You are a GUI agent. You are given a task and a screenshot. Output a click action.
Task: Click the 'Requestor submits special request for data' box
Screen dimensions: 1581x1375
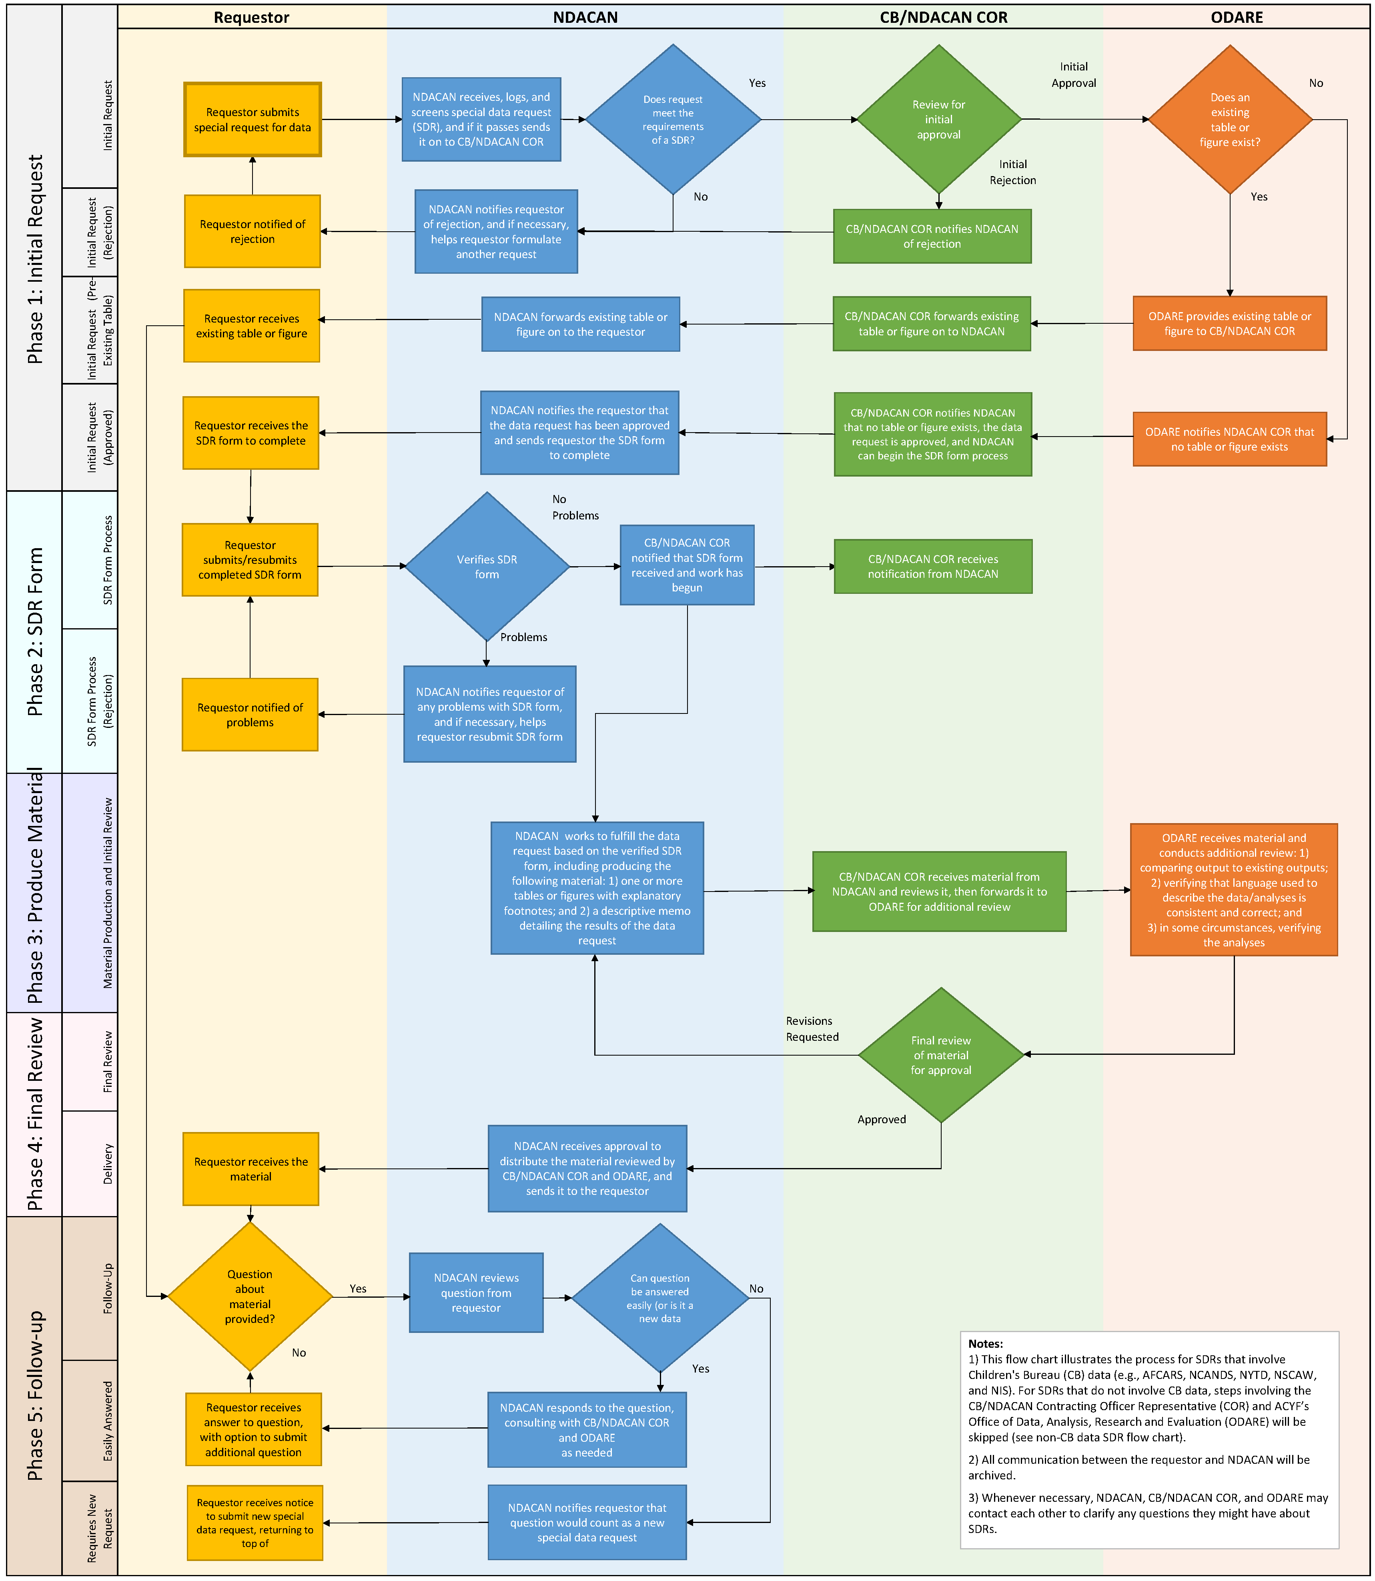pyautogui.click(x=253, y=120)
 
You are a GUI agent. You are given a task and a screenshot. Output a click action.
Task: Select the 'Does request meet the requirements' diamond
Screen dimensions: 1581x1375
pyautogui.click(x=673, y=120)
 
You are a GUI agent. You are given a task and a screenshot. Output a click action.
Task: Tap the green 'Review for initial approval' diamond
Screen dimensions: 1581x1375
pyautogui.click(x=938, y=120)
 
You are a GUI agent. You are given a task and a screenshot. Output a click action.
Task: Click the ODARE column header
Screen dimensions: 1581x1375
pyautogui.click(x=1236, y=17)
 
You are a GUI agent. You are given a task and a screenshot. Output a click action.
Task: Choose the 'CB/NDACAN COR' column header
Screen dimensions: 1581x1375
pyautogui.click(x=943, y=17)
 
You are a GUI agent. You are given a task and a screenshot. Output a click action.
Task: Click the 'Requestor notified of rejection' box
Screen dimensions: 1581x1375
pyautogui.click(x=253, y=231)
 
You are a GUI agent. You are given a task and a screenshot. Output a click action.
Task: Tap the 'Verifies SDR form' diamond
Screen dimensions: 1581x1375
pyautogui.click(x=487, y=567)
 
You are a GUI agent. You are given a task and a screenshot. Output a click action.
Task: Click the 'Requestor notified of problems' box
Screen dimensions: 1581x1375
pyautogui.click(x=250, y=714)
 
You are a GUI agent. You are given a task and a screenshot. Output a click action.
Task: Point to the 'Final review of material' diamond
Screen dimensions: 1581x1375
pyautogui.click(x=941, y=1055)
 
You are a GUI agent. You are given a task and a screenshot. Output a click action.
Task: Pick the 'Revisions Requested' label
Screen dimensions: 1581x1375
pyautogui.click(x=812, y=1029)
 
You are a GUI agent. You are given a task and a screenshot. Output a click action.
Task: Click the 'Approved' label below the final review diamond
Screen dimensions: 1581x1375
pyautogui.click(x=882, y=1119)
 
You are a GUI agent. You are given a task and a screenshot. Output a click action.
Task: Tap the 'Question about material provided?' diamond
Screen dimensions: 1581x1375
pyautogui.click(x=250, y=1296)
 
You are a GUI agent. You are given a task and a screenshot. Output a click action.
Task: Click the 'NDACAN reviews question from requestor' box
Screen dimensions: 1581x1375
pyautogui.click(x=476, y=1292)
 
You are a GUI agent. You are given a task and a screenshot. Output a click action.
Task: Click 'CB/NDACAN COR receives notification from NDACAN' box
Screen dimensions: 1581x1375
pyautogui.click(x=933, y=566)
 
